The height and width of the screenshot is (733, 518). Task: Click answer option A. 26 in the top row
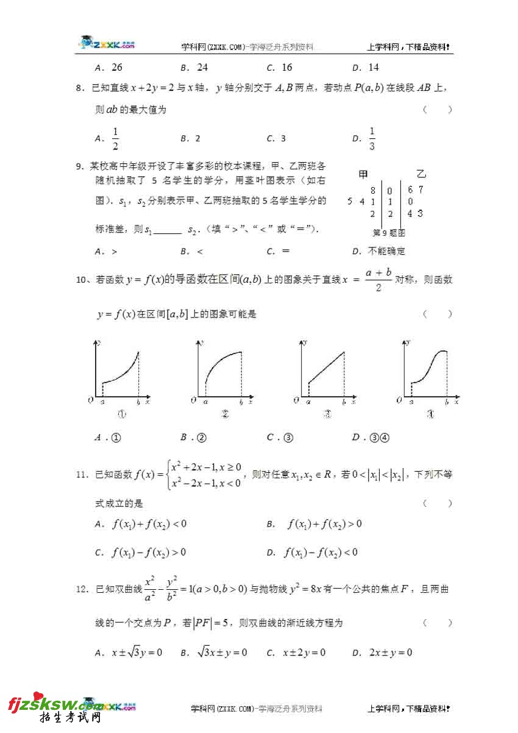(x=109, y=68)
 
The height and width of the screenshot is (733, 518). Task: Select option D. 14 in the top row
(x=366, y=68)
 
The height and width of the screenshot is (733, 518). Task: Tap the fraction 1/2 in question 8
(x=115, y=138)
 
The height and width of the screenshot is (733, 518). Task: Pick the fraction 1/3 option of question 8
(x=372, y=138)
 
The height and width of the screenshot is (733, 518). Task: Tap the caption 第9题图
(x=389, y=232)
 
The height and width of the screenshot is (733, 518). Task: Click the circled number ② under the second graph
(x=225, y=415)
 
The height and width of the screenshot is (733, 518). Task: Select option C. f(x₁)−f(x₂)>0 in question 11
(x=141, y=553)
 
